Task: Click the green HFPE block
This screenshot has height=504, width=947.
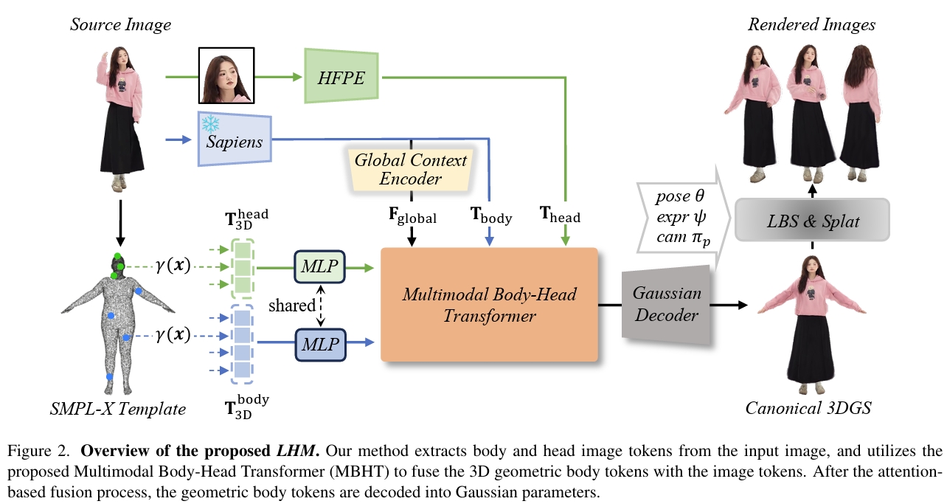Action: (x=341, y=77)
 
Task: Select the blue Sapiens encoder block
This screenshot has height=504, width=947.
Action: (x=234, y=140)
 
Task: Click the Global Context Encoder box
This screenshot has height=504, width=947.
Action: (x=411, y=169)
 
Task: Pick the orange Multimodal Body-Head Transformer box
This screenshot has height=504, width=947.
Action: (x=489, y=303)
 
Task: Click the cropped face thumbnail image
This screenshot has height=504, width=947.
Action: (x=226, y=76)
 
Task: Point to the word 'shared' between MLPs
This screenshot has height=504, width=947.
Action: (x=291, y=304)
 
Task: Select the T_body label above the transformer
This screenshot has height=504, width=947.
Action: (x=491, y=215)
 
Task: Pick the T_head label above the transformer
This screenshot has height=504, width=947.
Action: (x=560, y=216)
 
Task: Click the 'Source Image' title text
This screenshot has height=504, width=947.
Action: (x=120, y=25)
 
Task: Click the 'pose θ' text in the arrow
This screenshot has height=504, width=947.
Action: (x=680, y=197)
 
